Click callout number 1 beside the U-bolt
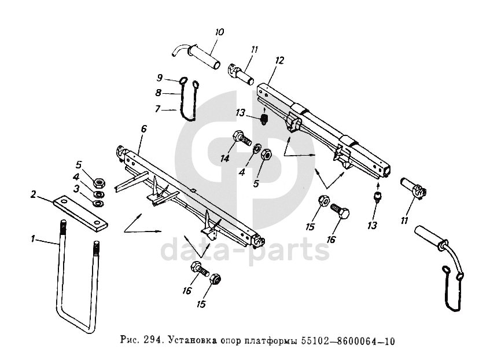coord(33,238)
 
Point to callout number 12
coord(279,60)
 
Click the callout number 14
coord(224,157)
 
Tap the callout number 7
coord(158,109)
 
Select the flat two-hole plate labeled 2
coord(80,211)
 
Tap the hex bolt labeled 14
coord(241,139)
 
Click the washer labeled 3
coord(99,201)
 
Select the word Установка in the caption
coord(188,341)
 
